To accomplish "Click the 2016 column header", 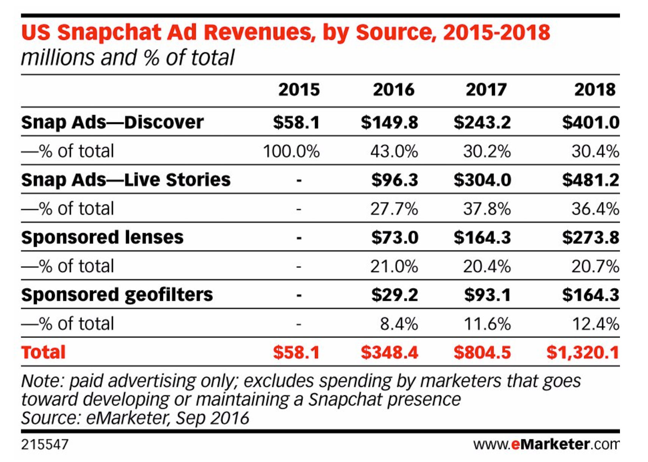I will [393, 90].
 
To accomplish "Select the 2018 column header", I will [595, 90].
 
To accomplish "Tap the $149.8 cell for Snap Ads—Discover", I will [389, 122].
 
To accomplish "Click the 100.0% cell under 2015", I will [291, 151].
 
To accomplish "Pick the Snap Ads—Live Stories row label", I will [125, 179].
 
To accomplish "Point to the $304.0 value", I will [482, 180].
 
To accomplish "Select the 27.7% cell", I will [394, 209].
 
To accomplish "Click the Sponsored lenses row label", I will [102, 237].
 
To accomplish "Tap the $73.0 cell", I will [394, 237].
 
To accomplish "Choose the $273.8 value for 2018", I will [590, 237].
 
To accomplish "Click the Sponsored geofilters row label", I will [117, 295].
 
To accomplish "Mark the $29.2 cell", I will [394, 295].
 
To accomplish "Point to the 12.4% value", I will [595, 324].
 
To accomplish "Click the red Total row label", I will [43, 353].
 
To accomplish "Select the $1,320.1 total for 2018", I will [582, 353].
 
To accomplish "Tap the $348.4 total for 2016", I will [389, 353].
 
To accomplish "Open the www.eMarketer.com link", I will [546, 444].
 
